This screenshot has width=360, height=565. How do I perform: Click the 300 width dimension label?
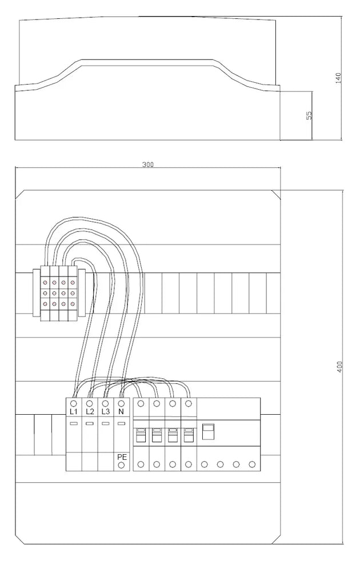148,165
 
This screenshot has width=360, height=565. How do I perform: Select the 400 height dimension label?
340,366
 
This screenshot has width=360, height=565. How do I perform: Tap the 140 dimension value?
338,78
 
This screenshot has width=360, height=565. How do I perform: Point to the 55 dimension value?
309,115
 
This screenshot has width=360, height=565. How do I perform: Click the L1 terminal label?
74,411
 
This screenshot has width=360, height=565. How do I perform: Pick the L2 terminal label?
90,411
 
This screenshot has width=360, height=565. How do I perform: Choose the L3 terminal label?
106,411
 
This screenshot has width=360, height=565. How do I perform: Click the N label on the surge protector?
122,411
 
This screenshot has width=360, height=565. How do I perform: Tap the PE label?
122,457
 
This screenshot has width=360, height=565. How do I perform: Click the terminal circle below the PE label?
122,465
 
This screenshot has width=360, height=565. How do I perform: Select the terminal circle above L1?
74,403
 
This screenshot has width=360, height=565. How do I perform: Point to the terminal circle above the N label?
122,403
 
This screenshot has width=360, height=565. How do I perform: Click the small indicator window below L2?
90,423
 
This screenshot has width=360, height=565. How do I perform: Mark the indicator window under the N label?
122,423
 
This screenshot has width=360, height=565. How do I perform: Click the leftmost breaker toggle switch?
141,435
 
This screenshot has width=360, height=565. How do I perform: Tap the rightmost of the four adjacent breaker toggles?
189,435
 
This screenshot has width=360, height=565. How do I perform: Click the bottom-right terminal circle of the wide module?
252,464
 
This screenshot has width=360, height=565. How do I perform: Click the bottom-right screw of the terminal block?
73,304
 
